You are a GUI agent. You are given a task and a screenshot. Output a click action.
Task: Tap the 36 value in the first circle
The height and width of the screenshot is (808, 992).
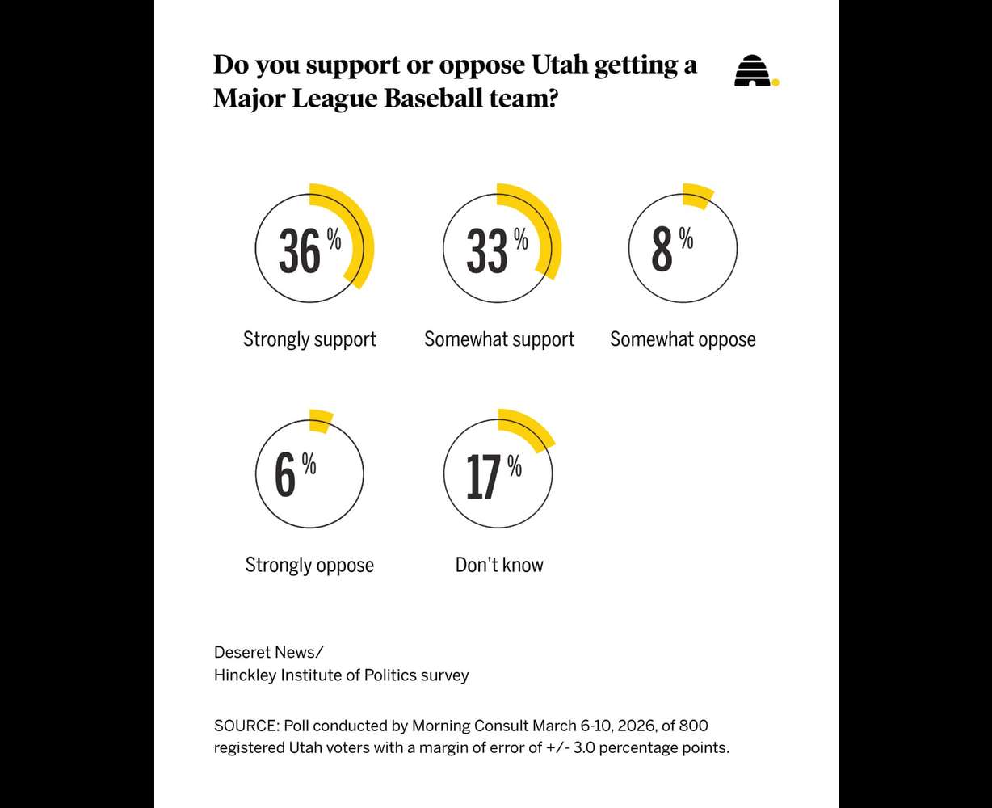[300, 250]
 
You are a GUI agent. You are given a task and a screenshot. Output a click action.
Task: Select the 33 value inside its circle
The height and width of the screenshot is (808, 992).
[487, 250]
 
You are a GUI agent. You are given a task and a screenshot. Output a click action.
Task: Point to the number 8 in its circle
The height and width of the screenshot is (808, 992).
[662, 250]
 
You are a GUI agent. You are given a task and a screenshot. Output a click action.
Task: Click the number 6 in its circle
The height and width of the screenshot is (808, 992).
[285, 476]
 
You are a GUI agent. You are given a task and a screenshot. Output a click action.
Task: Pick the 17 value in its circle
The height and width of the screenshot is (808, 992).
[483, 477]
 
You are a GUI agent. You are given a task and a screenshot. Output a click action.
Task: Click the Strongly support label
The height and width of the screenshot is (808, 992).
[309, 339]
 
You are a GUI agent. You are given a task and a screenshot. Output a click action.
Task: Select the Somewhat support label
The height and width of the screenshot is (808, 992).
[499, 339]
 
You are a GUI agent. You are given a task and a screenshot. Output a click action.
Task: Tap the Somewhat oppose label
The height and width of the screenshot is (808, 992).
[683, 339]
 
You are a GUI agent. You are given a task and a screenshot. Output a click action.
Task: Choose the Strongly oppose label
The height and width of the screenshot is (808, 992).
[309, 565]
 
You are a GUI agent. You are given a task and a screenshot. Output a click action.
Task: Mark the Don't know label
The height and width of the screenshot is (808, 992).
[499, 565]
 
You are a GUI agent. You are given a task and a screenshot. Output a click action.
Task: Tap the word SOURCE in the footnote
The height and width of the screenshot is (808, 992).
[245, 726]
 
